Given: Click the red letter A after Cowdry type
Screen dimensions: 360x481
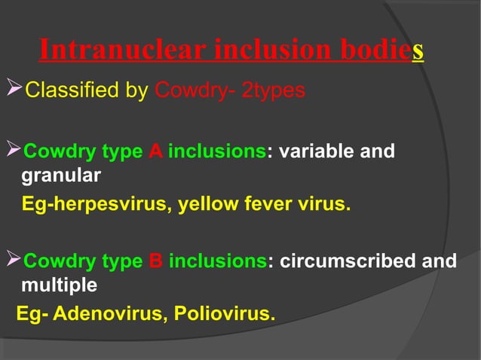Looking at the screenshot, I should point(155,152).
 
